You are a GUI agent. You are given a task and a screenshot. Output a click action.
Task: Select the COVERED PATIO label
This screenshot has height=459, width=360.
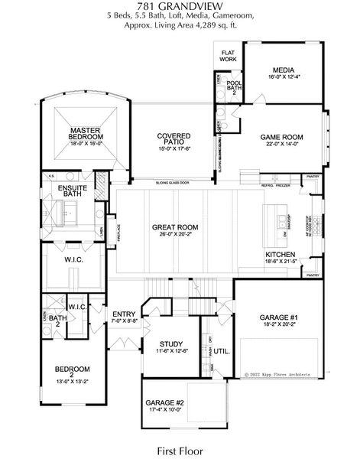[174, 138]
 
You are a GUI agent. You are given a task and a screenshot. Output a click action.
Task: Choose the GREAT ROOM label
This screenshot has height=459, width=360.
[176, 227]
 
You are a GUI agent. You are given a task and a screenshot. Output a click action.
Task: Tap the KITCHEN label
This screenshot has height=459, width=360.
[281, 255]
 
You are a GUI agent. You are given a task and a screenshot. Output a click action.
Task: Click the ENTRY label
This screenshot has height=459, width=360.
[125, 314]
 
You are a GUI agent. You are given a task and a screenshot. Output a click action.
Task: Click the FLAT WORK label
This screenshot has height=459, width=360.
[228, 56]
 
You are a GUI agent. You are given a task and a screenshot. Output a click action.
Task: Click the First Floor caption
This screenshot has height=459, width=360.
[180, 448]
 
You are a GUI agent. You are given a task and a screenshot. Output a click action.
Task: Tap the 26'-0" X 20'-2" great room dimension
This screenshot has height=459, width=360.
[176, 236]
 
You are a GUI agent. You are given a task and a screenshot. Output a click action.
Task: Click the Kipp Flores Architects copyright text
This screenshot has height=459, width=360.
[283, 375]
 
